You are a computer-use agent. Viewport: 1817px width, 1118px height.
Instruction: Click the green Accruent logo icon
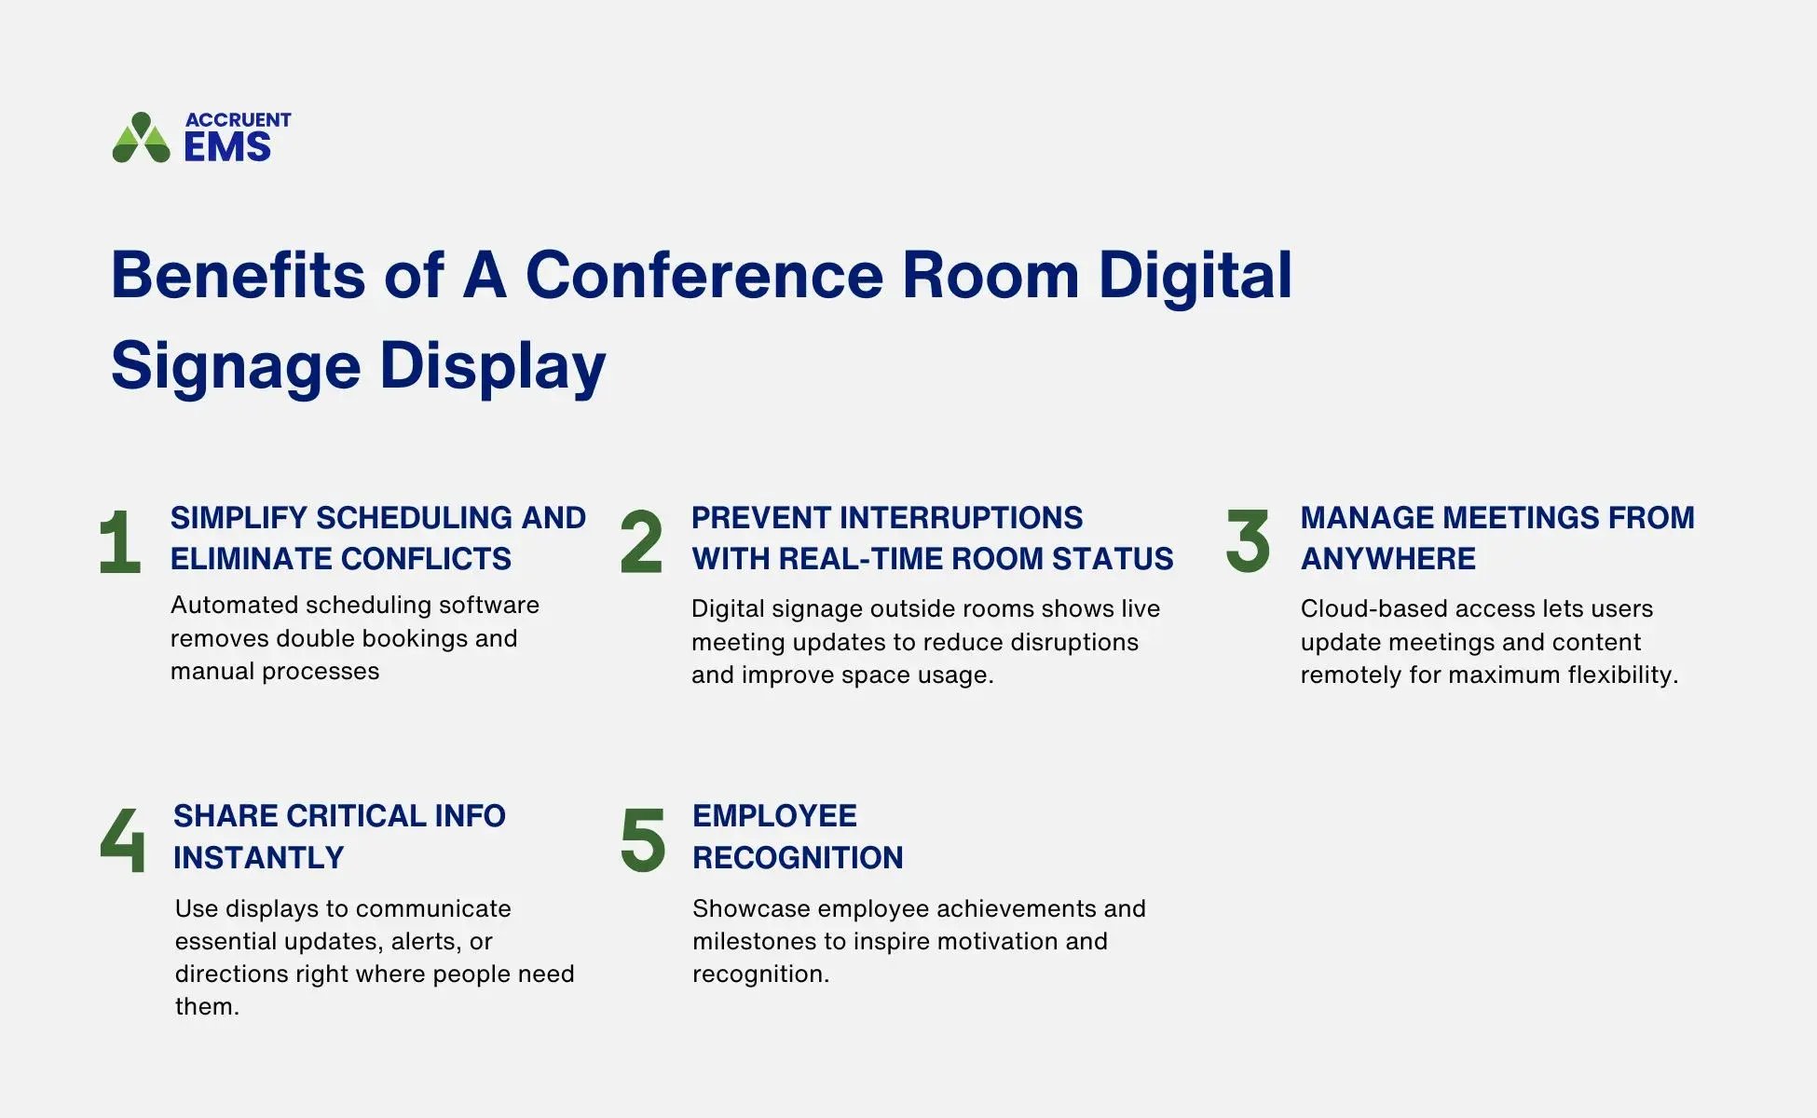point(141,138)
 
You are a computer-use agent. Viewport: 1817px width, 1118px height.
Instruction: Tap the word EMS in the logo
point(227,147)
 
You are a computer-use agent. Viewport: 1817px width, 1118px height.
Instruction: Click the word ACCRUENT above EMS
point(238,120)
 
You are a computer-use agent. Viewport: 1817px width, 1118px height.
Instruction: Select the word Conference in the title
point(704,276)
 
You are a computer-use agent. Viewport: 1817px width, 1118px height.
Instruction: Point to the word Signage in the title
point(236,365)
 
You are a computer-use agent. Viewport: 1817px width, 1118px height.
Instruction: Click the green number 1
point(120,541)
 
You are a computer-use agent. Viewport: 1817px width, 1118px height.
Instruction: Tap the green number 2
point(641,541)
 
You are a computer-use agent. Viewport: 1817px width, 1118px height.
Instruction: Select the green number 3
point(1248,540)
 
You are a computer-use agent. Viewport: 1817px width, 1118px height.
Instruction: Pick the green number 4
point(123,839)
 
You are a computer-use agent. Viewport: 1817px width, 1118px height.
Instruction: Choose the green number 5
point(643,839)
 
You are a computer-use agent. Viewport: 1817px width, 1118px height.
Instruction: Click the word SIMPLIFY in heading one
point(239,518)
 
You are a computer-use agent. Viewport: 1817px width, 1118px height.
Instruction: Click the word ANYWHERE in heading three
point(1387,559)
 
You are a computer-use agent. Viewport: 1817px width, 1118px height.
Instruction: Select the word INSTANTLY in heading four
point(258,858)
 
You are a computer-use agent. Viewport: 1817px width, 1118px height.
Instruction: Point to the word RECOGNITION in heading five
point(798,858)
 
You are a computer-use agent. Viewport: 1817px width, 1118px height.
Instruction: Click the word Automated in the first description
point(233,606)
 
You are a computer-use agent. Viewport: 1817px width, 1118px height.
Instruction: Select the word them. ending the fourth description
point(207,1007)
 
